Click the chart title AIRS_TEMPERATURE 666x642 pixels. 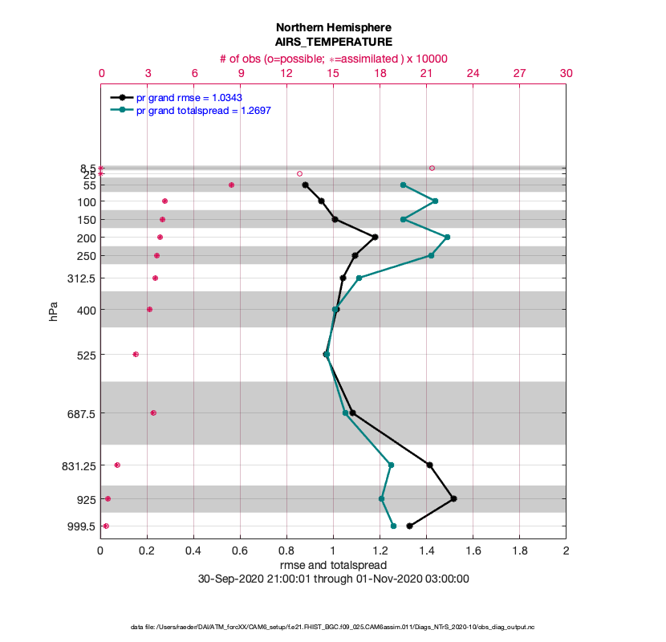tap(333, 41)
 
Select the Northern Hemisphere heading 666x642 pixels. tap(333, 26)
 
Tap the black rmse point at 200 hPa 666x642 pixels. tap(375, 237)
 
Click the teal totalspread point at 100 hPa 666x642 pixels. tap(435, 201)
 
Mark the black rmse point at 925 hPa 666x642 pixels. tap(454, 498)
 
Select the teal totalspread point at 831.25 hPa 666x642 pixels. tap(391, 465)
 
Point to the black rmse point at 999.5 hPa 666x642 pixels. tap(409, 526)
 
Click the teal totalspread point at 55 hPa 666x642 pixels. tap(403, 185)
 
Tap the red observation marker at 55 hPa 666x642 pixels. tap(231, 185)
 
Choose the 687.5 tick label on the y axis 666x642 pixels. tap(79, 413)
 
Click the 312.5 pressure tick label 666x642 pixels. tap(81, 278)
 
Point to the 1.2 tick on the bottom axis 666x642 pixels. tap(380, 551)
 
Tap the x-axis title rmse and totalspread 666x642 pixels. tap(333, 565)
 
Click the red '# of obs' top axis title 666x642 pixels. tap(333, 59)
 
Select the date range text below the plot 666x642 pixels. tap(333, 579)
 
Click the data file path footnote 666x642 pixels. tap(333, 626)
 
